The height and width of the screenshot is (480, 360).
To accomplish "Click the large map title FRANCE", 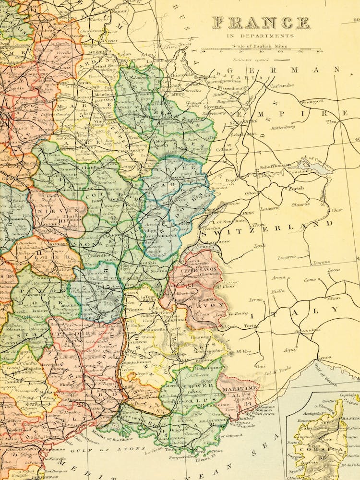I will (x=261, y=23).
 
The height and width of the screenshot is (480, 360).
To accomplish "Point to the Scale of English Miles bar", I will (x=261, y=49).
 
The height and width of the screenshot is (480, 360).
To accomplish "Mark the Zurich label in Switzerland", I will (x=296, y=189).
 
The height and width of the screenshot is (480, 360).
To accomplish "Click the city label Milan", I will (x=333, y=298).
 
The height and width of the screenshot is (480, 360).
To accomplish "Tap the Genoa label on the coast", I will (x=324, y=358).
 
